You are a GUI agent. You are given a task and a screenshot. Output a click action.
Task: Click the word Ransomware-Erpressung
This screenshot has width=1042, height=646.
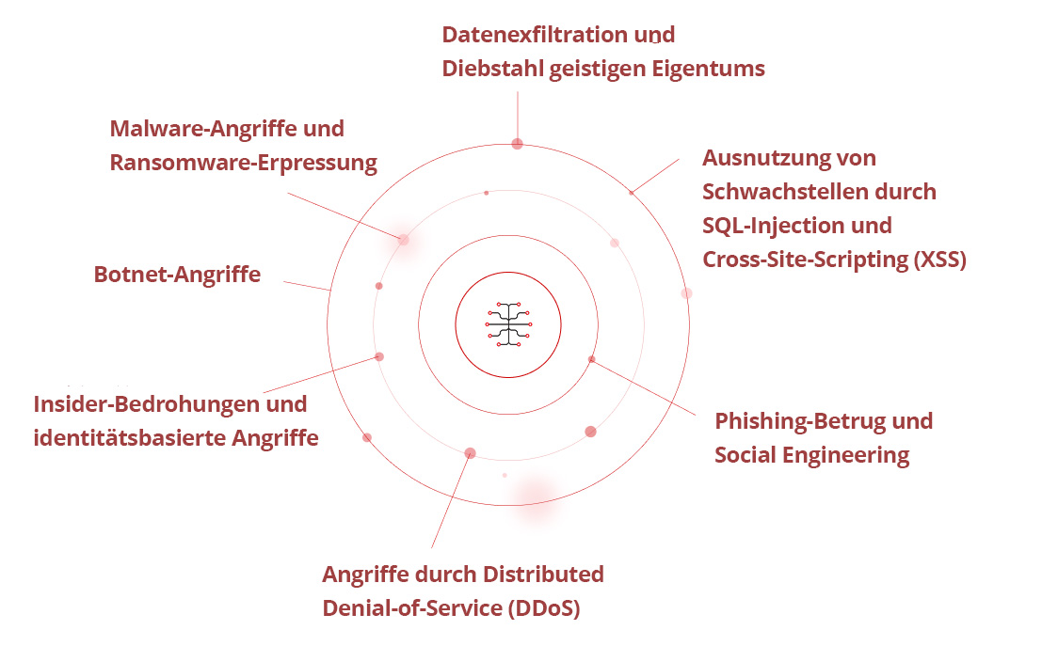(243, 163)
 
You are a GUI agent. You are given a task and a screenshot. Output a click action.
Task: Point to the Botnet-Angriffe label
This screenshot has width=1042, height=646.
(177, 275)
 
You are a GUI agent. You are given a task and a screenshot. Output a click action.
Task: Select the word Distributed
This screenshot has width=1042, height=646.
(543, 574)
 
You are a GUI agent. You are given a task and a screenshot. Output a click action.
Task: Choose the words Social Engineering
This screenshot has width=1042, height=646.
(811, 456)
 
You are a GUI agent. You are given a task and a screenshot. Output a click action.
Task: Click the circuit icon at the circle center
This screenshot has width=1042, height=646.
(508, 325)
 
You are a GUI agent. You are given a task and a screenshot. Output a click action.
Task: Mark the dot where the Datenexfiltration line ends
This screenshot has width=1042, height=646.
(517, 144)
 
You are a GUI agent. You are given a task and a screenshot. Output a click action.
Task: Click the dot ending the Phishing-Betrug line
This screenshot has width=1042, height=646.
(591, 359)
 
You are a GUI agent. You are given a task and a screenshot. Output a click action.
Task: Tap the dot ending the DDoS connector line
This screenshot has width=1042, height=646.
(470, 453)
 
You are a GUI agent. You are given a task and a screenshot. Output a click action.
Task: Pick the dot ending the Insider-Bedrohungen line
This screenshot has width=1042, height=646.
(379, 356)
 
